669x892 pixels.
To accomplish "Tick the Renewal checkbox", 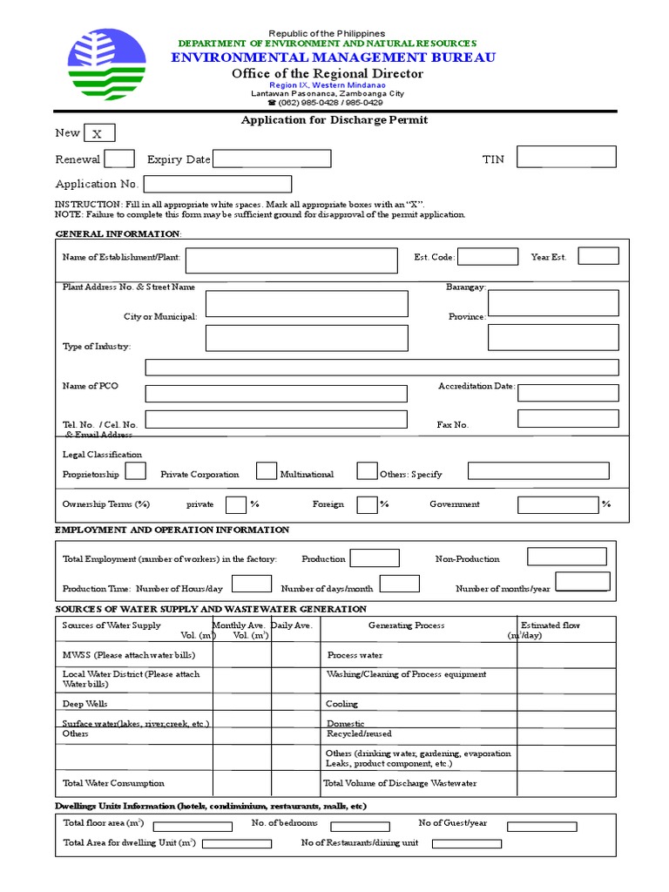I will [119, 159].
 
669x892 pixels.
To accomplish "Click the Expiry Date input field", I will [272, 159].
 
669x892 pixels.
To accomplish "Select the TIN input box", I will [566, 157].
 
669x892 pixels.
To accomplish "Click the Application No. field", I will [218, 184].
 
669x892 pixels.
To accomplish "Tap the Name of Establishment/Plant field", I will [291, 259].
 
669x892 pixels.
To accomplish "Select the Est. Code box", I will [487, 256].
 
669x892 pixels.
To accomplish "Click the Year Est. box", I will [598, 256].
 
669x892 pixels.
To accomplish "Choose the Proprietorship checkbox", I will [135, 471].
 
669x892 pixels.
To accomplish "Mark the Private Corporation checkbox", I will [266, 471].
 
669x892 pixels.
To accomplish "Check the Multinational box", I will [366, 471].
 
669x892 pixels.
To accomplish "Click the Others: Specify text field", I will [538, 471].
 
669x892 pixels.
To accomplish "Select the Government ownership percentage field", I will [557, 504].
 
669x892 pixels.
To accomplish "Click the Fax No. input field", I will [568, 418].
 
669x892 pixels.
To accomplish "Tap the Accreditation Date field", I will [568, 393].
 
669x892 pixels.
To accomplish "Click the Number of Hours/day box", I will [252, 584].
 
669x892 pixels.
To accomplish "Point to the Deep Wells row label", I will [85, 704].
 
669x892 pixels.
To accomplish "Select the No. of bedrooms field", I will [360, 826].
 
